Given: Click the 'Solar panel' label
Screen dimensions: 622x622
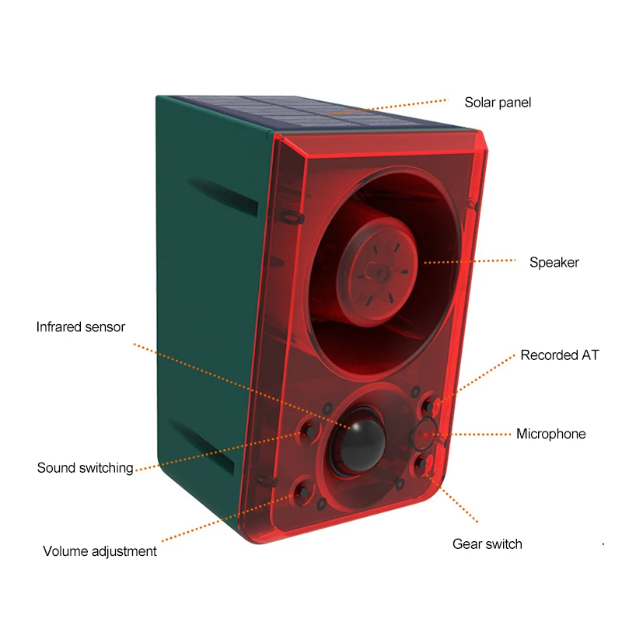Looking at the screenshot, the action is (x=498, y=103).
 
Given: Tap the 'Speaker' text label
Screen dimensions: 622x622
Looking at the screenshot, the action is (x=554, y=262).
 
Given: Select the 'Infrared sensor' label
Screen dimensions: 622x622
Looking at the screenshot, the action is (x=81, y=327).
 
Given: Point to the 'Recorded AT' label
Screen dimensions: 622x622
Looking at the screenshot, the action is (x=559, y=355).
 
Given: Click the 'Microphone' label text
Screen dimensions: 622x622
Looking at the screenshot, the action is (x=551, y=434).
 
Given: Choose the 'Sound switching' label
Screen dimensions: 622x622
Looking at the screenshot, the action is (x=85, y=468).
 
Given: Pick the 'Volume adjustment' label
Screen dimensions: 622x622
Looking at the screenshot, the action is (x=100, y=551).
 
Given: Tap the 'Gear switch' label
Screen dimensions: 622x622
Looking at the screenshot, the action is (x=487, y=543).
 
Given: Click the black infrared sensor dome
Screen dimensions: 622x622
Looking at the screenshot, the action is (x=358, y=442).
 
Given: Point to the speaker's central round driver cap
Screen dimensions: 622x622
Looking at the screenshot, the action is (x=377, y=271).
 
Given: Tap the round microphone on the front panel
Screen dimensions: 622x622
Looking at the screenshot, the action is (x=425, y=435).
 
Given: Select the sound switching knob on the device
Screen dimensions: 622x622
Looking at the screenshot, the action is (x=308, y=430).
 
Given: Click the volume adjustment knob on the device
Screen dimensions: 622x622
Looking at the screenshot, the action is (x=303, y=492).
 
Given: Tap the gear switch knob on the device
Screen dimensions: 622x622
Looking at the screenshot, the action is (x=421, y=463).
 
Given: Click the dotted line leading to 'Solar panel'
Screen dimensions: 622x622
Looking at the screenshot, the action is (x=387, y=107).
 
